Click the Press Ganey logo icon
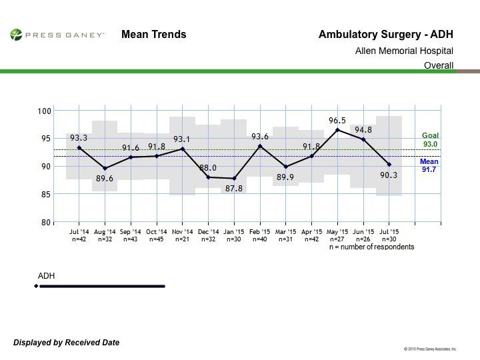(x=15, y=34)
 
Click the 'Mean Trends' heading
(x=153, y=35)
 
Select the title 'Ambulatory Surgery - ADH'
(x=386, y=35)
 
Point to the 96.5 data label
(x=339, y=121)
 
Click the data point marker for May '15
(x=337, y=129)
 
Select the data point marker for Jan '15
(x=234, y=178)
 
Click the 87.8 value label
(x=234, y=188)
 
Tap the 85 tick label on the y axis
(x=45, y=194)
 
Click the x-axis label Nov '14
(x=182, y=233)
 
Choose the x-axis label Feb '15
(x=260, y=233)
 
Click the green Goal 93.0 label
(x=429, y=140)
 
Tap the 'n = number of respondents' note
(x=371, y=247)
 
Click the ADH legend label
(x=46, y=275)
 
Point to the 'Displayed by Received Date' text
(x=67, y=343)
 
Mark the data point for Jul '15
(x=389, y=164)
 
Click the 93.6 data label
(x=260, y=137)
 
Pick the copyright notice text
(x=430, y=349)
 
